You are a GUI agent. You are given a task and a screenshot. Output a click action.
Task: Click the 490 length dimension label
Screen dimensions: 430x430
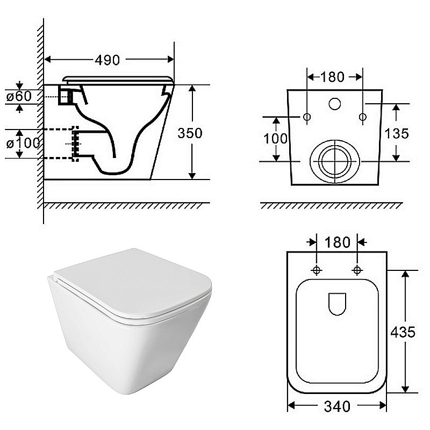click(107, 60)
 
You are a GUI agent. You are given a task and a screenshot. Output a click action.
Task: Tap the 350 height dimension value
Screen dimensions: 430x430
click(190, 133)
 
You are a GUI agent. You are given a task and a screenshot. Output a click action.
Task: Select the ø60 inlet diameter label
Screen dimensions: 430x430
click(19, 96)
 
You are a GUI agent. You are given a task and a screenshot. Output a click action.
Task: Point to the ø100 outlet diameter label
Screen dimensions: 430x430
click(23, 143)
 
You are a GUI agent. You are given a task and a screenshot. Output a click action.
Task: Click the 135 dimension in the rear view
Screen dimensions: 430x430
click(396, 133)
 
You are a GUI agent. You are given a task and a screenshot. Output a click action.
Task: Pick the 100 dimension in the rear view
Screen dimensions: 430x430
click(276, 139)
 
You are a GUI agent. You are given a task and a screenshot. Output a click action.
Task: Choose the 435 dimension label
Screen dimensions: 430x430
click(403, 332)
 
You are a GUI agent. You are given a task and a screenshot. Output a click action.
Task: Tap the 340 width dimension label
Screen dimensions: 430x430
click(337, 406)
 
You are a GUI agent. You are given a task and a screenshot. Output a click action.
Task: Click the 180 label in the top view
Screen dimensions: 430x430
click(338, 242)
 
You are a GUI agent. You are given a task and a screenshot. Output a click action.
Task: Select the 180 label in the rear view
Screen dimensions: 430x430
click(332, 77)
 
